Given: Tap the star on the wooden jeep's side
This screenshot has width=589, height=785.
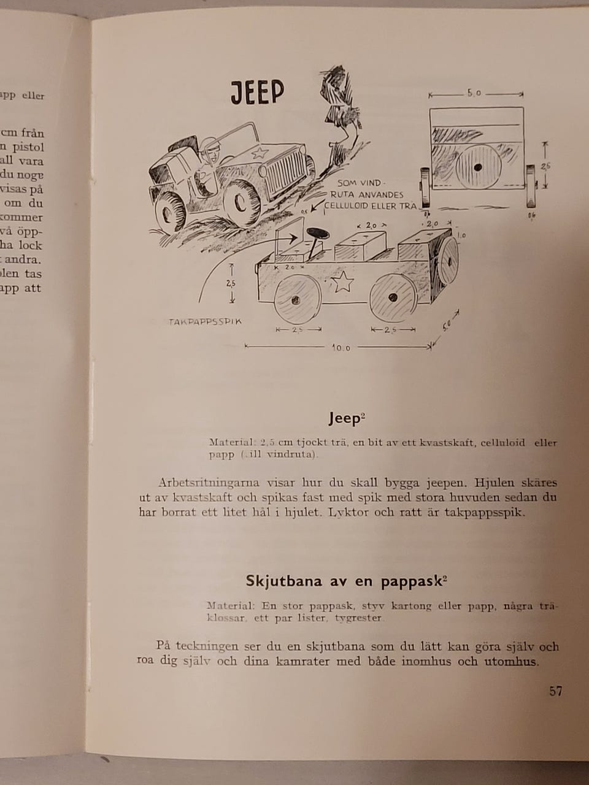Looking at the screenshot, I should (344, 282).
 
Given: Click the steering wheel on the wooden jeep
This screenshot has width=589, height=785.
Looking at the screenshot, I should (318, 233).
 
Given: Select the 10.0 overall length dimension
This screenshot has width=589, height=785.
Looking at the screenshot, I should (341, 348).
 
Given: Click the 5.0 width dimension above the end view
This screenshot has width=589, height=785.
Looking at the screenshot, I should (474, 94).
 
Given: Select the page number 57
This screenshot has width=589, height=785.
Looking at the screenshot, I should (555, 691).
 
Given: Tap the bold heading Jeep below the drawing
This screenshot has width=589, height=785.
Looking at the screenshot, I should (347, 419).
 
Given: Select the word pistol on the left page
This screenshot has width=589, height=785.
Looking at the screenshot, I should (28, 147).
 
